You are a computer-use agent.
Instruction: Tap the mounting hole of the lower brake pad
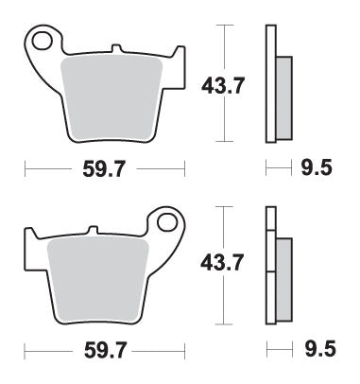(x=167, y=224)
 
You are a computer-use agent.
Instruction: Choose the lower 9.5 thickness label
(x=318, y=351)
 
